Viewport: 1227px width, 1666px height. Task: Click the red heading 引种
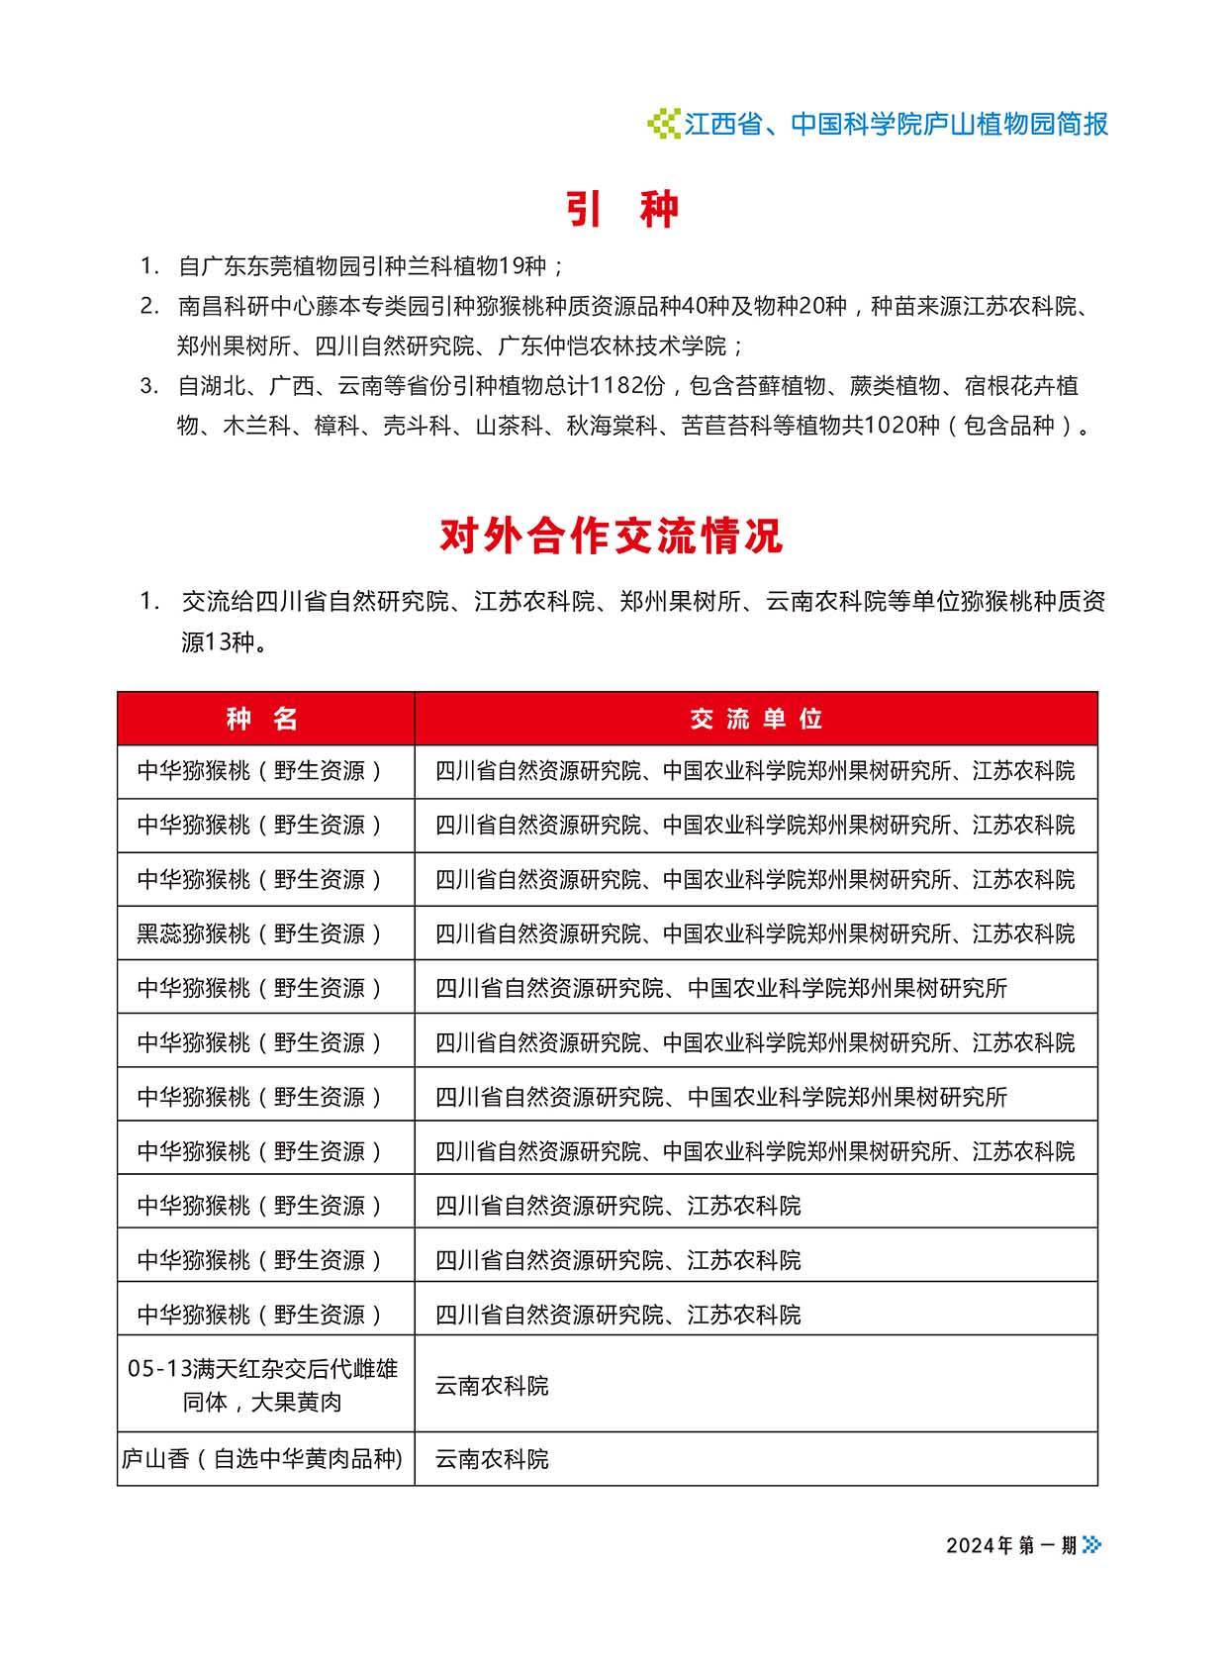[622, 209]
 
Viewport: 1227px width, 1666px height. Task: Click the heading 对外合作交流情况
[612, 536]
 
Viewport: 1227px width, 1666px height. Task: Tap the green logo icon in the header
[663, 124]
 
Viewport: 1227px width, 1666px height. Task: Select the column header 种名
[263, 719]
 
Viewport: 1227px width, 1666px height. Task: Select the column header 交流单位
[756, 719]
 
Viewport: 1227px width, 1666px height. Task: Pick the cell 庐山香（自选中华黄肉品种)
[263, 1458]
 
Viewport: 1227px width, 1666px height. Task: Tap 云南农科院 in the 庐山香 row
[492, 1458]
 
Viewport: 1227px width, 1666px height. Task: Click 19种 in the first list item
[523, 266]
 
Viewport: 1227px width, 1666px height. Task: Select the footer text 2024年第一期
[1011, 1545]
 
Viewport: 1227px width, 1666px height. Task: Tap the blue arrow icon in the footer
[1091, 1544]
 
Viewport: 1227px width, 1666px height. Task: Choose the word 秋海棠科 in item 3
[612, 426]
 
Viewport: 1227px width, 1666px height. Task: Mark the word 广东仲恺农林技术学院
[612, 346]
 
